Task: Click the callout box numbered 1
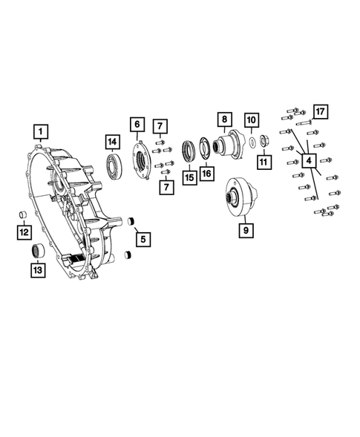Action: (x=41, y=131)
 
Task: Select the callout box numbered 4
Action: (x=309, y=160)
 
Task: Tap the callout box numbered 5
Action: (x=143, y=239)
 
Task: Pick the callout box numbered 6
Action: (x=137, y=125)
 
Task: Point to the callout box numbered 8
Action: (x=225, y=119)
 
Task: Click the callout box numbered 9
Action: (x=246, y=230)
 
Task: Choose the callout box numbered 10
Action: (x=252, y=120)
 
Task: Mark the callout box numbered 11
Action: (x=264, y=162)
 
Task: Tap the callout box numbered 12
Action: (x=24, y=232)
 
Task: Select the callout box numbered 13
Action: (x=38, y=270)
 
